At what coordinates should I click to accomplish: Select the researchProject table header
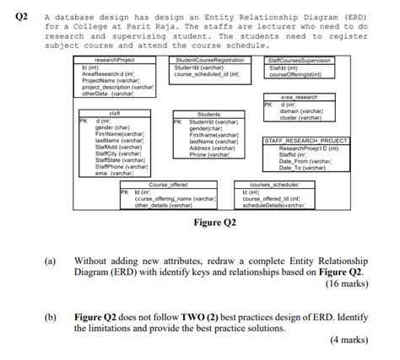(116, 61)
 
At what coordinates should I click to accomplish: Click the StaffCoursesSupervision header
(300, 61)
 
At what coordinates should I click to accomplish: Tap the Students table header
(208, 114)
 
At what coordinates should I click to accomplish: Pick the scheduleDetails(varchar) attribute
(273, 205)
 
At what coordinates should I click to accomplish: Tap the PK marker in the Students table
(176, 121)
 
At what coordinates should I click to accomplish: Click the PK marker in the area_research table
(268, 105)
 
